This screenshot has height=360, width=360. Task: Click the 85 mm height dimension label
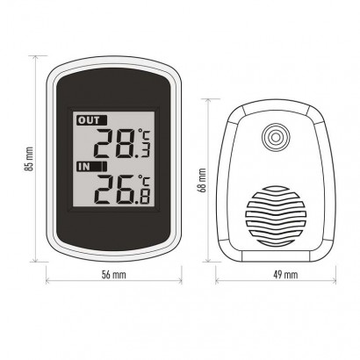pyautogui.click(x=29, y=159)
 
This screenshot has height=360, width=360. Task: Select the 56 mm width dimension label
pyautogui.click(x=114, y=275)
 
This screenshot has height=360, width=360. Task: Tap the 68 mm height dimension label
pyautogui.click(x=202, y=180)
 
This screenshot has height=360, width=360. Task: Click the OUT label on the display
pyautogui.click(x=88, y=120)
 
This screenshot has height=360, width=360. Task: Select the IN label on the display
pyautogui.click(x=84, y=167)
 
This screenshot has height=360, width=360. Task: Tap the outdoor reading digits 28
pyautogui.click(x=114, y=143)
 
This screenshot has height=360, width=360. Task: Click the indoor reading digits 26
pyautogui.click(x=114, y=190)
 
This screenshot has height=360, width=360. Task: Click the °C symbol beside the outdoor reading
pyautogui.click(x=144, y=134)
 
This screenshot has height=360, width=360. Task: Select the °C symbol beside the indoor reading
pyautogui.click(x=144, y=181)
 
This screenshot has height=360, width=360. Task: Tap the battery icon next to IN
pyautogui.click(x=97, y=167)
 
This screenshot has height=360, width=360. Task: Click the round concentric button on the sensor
pyautogui.click(x=276, y=137)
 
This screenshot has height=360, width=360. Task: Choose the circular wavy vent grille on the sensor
pyautogui.click(x=276, y=216)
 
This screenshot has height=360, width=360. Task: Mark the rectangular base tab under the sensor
pyautogui.click(x=276, y=256)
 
